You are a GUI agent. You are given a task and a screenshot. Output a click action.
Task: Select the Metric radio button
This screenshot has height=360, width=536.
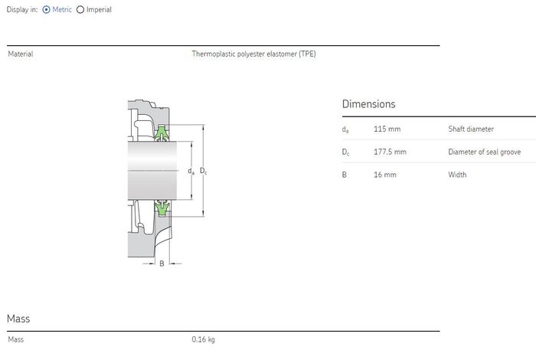click(x=46, y=9)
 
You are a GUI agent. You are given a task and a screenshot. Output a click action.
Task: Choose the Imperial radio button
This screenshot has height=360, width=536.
click(x=80, y=9)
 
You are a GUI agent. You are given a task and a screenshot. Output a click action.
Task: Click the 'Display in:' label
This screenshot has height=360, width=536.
click(x=22, y=9)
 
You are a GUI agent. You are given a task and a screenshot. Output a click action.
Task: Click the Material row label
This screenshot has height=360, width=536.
click(x=21, y=54)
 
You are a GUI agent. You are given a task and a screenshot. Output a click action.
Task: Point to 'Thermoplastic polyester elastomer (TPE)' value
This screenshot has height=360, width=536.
click(x=253, y=54)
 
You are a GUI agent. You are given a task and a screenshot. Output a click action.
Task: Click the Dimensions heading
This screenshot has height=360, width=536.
click(x=368, y=104)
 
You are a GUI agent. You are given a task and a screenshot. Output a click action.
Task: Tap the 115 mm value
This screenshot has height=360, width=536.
click(x=387, y=129)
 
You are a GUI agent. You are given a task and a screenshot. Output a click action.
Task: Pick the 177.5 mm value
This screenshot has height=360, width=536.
click(x=390, y=152)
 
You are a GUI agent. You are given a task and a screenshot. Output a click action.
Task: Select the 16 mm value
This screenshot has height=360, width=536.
click(x=385, y=175)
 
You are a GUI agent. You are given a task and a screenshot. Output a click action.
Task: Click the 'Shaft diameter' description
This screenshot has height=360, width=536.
click(x=471, y=129)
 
